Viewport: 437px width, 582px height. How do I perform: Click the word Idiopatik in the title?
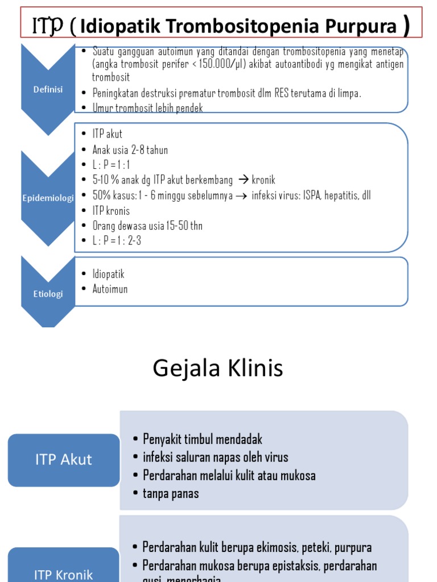(x=116, y=26)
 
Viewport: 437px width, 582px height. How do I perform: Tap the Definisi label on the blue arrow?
(x=48, y=89)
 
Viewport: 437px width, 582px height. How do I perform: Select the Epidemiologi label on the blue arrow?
(x=48, y=198)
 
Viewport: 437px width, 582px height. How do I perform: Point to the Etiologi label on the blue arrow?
(x=48, y=294)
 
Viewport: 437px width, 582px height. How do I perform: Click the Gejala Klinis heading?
(x=218, y=369)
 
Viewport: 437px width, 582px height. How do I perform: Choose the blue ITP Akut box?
(x=64, y=459)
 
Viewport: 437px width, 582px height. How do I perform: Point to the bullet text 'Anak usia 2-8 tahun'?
(x=130, y=150)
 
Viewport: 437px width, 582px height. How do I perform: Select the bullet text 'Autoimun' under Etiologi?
(x=110, y=289)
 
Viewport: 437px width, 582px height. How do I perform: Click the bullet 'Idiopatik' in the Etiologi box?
(x=109, y=274)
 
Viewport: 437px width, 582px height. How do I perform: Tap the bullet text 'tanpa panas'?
(x=171, y=493)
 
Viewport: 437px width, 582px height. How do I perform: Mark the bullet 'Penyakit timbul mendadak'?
(x=203, y=439)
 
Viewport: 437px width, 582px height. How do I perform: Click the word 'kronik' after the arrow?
(x=263, y=180)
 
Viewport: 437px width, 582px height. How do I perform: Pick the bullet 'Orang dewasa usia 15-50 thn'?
(x=147, y=226)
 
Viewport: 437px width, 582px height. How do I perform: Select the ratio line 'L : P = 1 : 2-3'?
(x=117, y=240)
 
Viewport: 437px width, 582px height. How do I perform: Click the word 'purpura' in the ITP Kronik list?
(x=353, y=547)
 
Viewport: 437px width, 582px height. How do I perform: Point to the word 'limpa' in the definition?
(x=348, y=93)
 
